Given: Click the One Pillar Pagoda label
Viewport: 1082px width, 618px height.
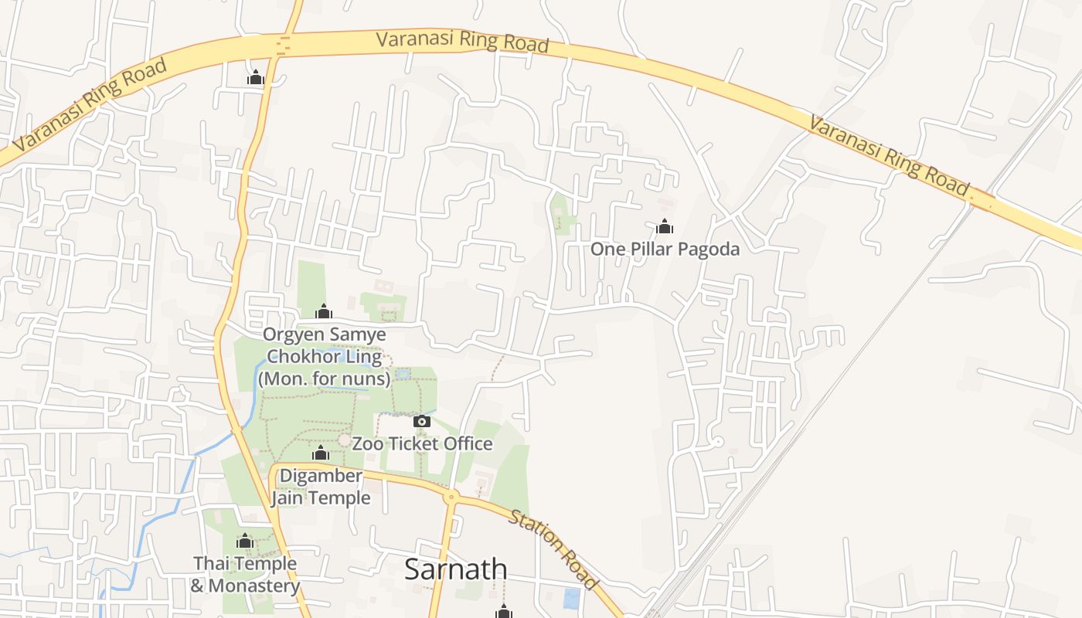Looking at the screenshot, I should (665, 249).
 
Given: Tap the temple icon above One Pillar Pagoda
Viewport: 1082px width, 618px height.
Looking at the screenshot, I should (664, 226).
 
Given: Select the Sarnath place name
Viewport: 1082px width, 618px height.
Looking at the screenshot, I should (456, 569).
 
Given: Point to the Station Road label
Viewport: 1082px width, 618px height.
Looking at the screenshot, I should (553, 548).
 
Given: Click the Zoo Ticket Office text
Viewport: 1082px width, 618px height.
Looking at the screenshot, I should (422, 443).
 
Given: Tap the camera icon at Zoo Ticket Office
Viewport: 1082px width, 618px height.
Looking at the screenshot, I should (421, 421).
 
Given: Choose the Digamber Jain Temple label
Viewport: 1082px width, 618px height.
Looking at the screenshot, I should (321, 487).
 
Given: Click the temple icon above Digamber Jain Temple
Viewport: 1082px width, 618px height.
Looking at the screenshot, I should (321, 452).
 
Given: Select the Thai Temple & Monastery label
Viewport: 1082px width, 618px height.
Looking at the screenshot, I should (245, 574).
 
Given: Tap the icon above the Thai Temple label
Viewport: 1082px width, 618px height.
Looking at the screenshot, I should (245, 541).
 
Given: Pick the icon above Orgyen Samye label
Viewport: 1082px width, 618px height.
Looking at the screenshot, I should (323, 311).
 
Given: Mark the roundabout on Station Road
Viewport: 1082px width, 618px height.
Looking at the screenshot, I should (450, 496).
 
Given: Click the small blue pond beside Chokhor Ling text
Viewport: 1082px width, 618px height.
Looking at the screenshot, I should (402, 375).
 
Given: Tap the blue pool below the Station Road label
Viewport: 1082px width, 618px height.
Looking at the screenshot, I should (571, 598).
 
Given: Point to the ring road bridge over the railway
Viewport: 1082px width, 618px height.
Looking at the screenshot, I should (982, 199).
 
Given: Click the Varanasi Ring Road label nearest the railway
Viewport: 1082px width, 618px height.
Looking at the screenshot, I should (888, 154).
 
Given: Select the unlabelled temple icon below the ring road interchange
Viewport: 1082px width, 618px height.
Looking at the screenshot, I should (256, 77).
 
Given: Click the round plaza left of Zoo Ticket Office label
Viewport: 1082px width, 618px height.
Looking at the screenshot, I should (344, 440).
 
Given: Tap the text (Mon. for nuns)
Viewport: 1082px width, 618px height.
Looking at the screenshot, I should (324, 379).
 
